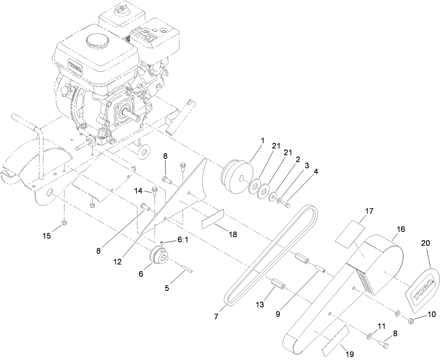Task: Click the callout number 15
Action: click(47, 236)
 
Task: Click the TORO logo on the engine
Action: click(75, 68)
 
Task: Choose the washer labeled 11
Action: click(369, 337)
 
